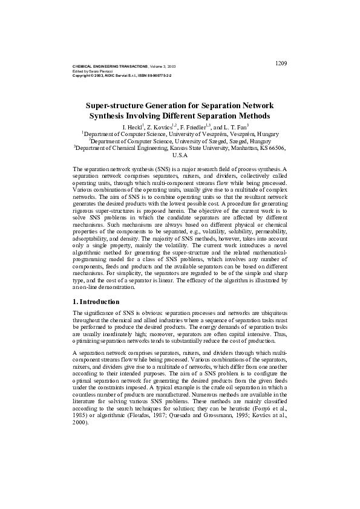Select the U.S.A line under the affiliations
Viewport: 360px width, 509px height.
180,155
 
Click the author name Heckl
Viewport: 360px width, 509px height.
132,127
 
